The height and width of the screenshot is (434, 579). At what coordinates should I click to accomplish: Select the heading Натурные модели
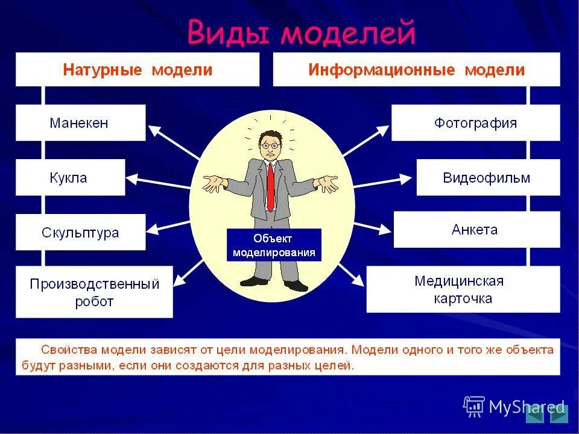pyautogui.click(x=138, y=70)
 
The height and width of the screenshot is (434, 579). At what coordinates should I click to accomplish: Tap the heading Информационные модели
pyautogui.click(x=416, y=70)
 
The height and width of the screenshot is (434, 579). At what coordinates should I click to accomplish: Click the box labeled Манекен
pyautogui.click(x=80, y=123)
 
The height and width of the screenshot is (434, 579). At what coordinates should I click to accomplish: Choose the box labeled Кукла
pyautogui.click(x=70, y=178)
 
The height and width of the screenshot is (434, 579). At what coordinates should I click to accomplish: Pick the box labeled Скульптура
pyautogui.click(x=80, y=233)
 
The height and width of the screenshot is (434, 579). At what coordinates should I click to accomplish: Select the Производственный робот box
pyautogui.click(x=94, y=292)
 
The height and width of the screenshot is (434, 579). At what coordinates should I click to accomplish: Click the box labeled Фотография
pyautogui.click(x=475, y=123)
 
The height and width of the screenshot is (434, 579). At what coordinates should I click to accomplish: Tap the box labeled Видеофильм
pyautogui.click(x=487, y=178)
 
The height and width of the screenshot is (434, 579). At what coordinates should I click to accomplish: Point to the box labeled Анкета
pyautogui.click(x=476, y=230)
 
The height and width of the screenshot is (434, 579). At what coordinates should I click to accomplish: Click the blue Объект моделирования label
pyautogui.click(x=274, y=245)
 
